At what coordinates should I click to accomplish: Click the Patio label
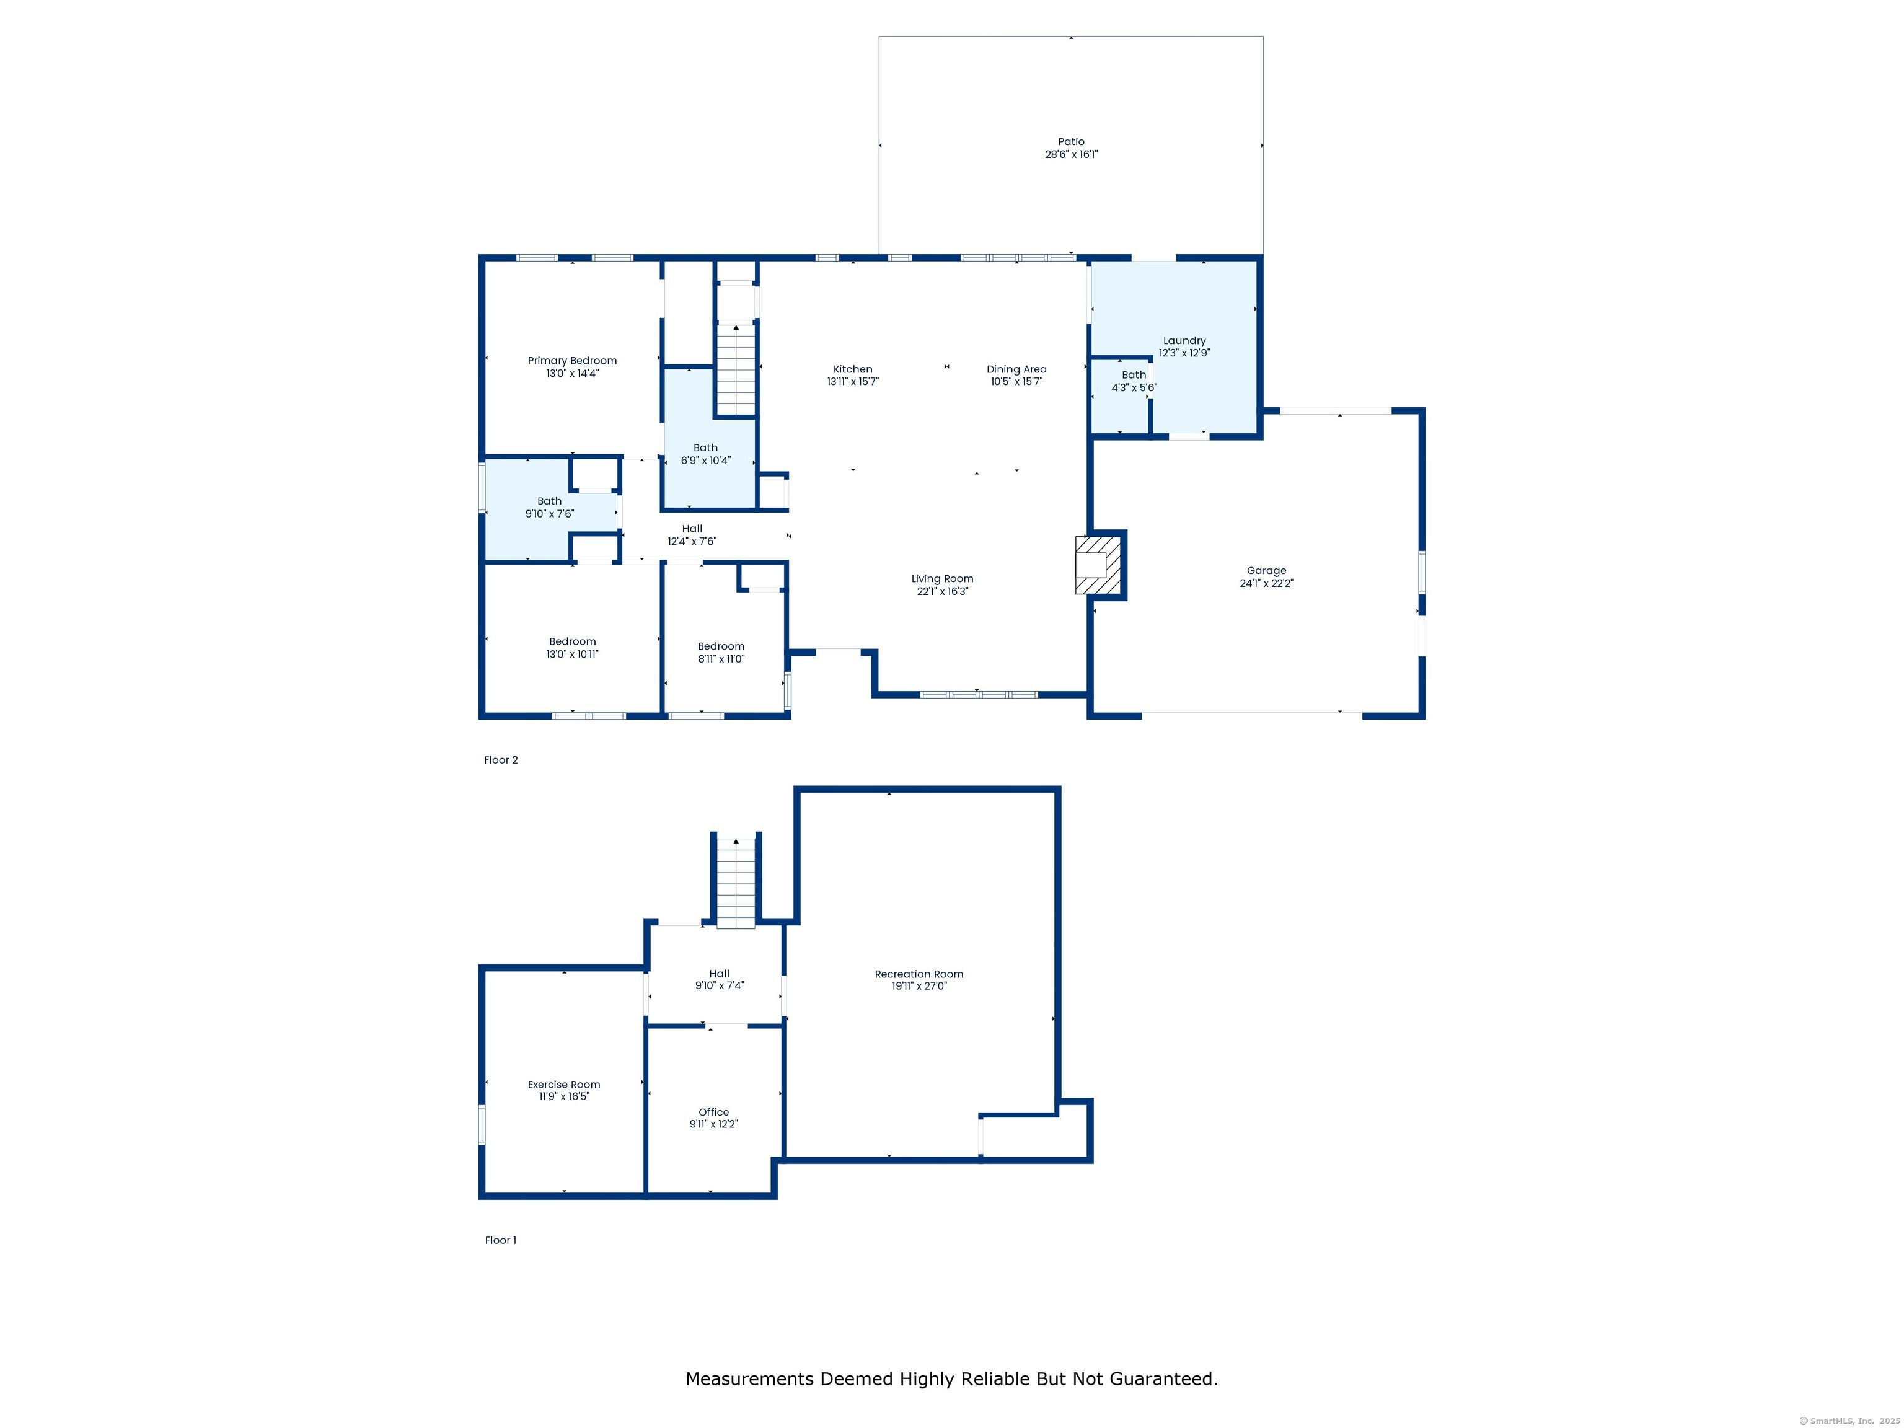point(1071,142)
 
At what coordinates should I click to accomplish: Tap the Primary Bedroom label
point(573,361)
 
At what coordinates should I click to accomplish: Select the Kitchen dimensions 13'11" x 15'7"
point(853,381)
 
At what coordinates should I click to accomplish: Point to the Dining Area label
point(1016,369)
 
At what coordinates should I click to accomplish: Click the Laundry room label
point(1184,341)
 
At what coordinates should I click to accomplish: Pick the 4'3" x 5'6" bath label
point(1134,381)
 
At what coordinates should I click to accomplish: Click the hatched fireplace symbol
point(1098,565)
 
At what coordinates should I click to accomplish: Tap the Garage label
point(1266,571)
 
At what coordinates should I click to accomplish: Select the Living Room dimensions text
point(943,591)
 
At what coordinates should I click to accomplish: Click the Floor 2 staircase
point(736,369)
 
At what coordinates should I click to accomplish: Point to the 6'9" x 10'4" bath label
point(706,454)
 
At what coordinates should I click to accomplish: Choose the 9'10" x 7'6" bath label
point(550,507)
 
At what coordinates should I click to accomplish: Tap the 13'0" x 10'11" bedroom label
point(573,647)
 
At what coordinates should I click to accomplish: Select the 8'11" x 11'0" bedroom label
point(721,653)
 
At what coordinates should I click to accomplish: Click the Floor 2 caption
point(501,760)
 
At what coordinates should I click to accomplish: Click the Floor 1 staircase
point(736,883)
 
